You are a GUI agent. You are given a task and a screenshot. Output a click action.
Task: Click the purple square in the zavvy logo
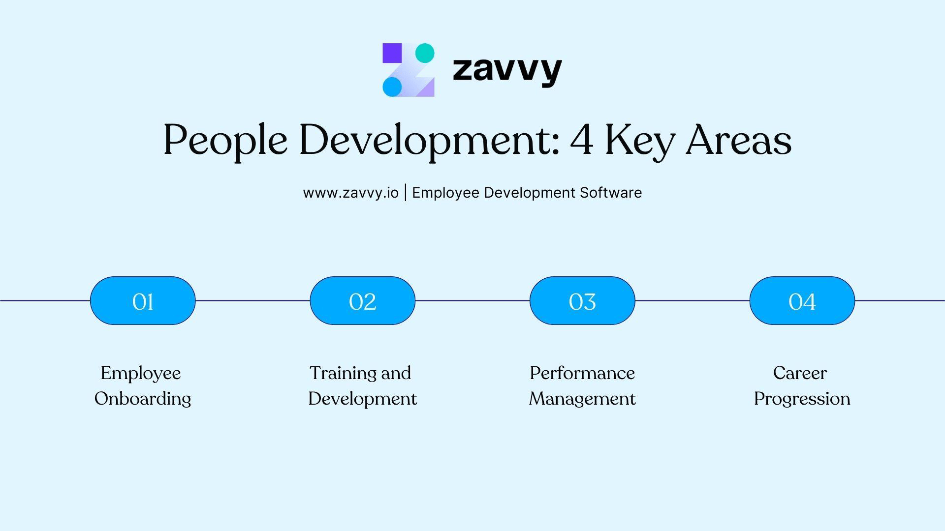pyautogui.click(x=392, y=53)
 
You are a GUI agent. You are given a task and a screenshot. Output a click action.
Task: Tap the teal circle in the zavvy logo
pyautogui.click(x=425, y=53)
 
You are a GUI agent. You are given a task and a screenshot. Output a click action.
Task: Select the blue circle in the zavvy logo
pyautogui.click(x=392, y=87)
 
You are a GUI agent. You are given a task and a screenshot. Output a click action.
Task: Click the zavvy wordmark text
pyautogui.click(x=507, y=70)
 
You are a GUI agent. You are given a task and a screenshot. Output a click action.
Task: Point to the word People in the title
pyautogui.click(x=225, y=141)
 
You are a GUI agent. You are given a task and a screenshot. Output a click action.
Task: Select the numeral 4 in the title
pyautogui.click(x=581, y=140)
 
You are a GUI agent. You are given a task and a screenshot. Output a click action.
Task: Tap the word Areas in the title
pyautogui.click(x=738, y=140)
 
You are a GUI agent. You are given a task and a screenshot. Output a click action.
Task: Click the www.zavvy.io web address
pyautogui.click(x=350, y=193)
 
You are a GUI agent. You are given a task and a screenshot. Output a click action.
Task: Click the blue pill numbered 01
pyautogui.click(x=143, y=301)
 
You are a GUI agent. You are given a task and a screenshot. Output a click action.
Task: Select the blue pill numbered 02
pyautogui.click(x=363, y=301)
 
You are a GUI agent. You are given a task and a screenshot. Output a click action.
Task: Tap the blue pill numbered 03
pyautogui.click(x=582, y=301)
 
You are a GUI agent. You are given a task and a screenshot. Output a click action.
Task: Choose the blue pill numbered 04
pyautogui.click(x=802, y=301)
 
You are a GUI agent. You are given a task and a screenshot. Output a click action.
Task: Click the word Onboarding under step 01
pyautogui.click(x=143, y=399)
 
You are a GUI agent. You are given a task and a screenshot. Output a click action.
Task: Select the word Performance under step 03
pyautogui.click(x=582, y=374)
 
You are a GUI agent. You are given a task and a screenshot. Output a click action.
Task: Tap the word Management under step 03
pyautogui.click(x=582, y=399)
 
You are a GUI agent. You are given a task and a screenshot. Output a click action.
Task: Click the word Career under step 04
pyautogui.click(x=800, y=373)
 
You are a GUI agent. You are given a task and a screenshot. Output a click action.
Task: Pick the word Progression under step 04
pyautogui.click(x=802, y=399)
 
